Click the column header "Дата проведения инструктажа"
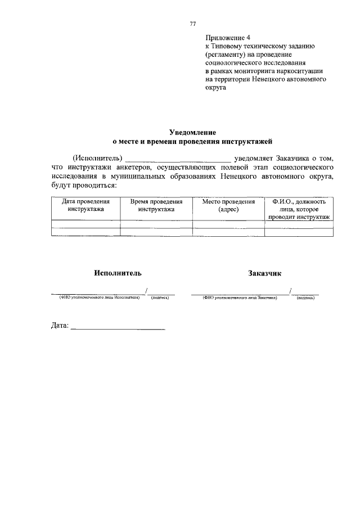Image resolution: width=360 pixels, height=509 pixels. click(85, 205)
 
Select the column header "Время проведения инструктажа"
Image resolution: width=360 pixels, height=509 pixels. click(156, 205)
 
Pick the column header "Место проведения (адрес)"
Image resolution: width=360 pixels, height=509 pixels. click(228, 205)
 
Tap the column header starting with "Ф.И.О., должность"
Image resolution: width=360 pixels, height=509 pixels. click(299, 209)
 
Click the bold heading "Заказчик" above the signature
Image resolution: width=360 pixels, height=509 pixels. click(264, 273)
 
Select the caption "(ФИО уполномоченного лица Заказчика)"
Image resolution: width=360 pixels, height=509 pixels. click(240, 298)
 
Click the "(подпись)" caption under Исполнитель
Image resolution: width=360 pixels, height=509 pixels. click(160, 298)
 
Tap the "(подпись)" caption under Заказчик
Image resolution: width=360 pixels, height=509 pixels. click(305, 298)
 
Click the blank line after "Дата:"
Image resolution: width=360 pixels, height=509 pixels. click(118, 327)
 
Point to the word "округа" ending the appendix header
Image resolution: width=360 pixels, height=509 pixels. click(215, 88)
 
